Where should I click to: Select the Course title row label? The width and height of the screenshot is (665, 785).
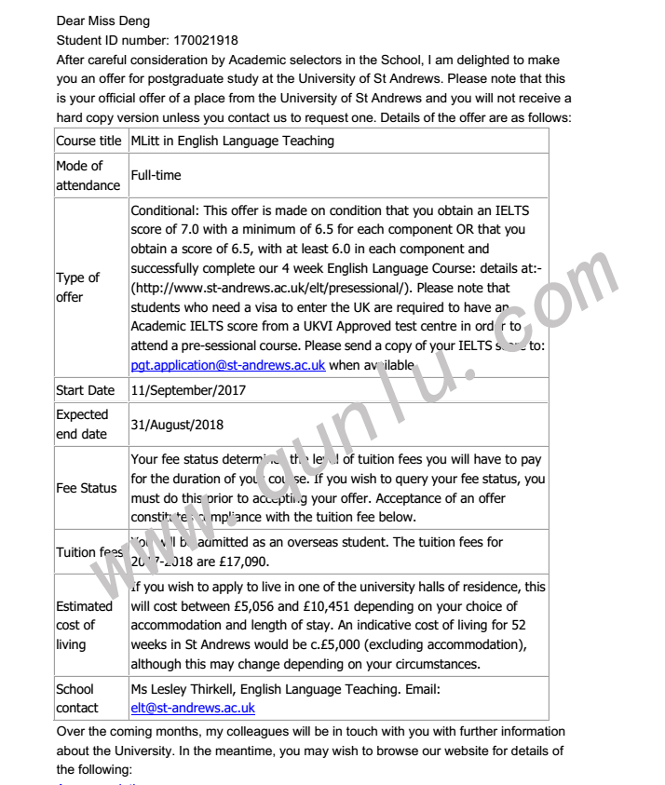coord(88,142)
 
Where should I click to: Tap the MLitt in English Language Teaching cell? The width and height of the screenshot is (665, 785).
coord(232,142)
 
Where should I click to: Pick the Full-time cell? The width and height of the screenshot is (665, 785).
coord(156,175)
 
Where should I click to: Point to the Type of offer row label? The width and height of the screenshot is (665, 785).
coord(78,288)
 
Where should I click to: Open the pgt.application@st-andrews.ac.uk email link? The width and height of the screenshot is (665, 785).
coord(227,365)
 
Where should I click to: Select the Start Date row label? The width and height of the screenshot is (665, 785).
coord(86,390)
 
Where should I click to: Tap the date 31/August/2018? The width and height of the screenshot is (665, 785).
coord(178,425)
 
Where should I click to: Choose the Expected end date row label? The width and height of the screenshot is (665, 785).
coord(82,425)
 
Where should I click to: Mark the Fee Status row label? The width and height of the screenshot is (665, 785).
coord(87,488)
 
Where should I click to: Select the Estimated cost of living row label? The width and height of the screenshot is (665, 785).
coord(84,625)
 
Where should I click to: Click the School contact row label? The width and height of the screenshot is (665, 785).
coord(75,698)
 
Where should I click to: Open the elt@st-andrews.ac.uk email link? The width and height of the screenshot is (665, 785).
coord(192,709)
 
